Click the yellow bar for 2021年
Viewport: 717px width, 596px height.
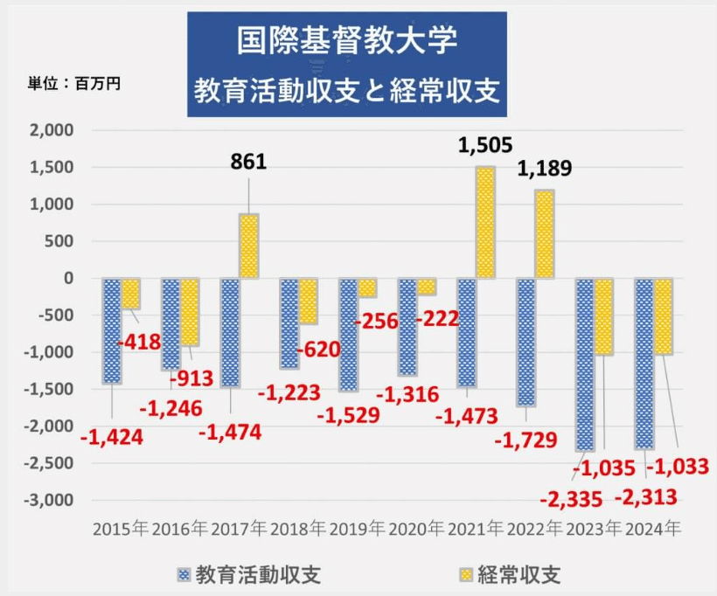point(484,222)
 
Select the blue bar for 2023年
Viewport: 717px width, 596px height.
point(585,364)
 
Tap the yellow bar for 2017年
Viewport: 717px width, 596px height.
point(248,246)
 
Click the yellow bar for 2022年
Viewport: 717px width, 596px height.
point(544,234)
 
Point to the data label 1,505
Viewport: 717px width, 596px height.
point(484,145)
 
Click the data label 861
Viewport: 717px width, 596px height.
point(248,162)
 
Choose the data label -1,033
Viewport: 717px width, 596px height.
point(678,467)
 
